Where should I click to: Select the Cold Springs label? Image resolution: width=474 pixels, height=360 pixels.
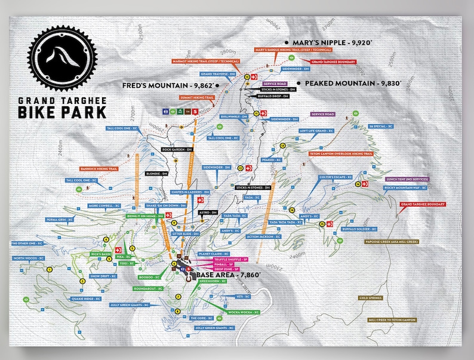click(371, 297)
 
